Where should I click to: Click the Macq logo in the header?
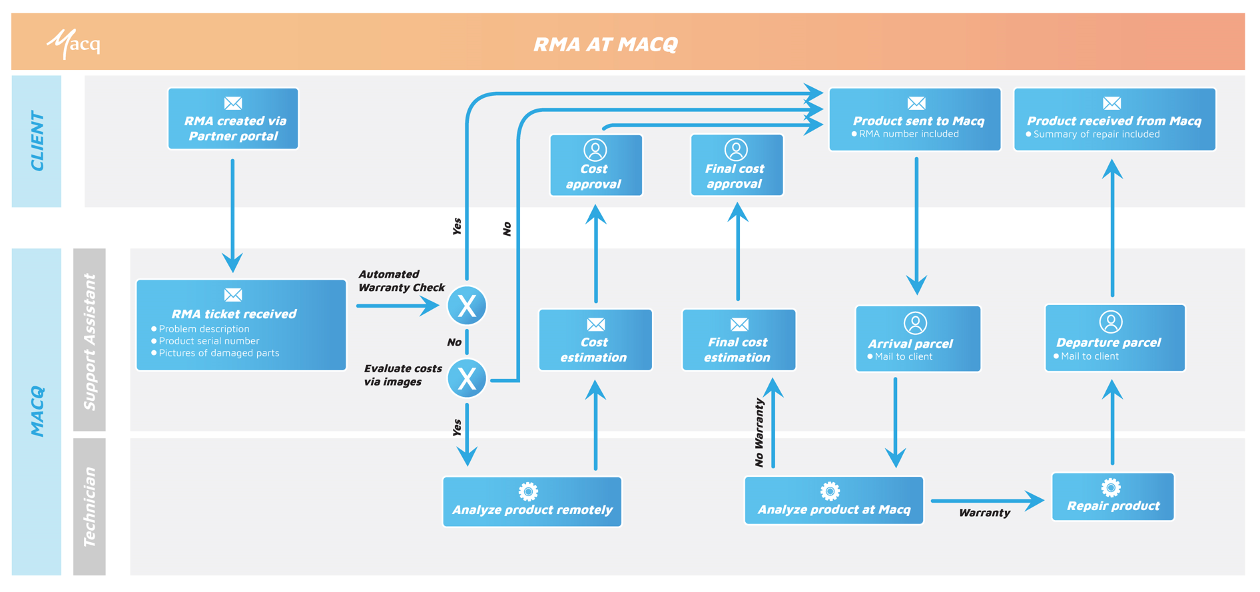tap(73, 44)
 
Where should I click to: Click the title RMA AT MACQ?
tap(605, 44)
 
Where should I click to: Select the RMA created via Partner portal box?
tap(233, 119)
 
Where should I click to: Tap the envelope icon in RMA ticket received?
tap(233, 295)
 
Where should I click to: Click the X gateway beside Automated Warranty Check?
tap(467, 306)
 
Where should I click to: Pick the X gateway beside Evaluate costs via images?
tap(467, 378)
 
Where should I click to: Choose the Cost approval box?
tap(595, 166)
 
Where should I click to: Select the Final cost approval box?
tap(737, 166)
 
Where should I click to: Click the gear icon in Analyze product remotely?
tap(528, 492)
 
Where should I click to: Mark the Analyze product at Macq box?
tap(834, 501)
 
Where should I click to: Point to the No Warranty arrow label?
tap(759, 433)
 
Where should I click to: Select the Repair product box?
tap(1112, 497)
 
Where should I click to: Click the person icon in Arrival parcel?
tap(915, 323)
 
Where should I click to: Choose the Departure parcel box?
tap(1115, 338)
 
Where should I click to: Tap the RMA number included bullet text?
tap(908, 134)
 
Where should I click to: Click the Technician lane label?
tap(89, 507)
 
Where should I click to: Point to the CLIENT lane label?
tap(37, 141)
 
